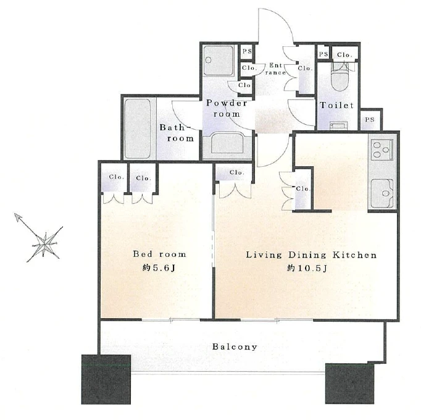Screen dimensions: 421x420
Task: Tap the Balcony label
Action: [x=235, y=346]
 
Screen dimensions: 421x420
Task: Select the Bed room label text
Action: [x=159, y=254]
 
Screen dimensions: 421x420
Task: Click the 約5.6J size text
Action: [x=159, y=268]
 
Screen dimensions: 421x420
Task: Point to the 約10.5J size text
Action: [x=307, y=268]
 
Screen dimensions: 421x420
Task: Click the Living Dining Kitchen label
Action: [x=311, y=254]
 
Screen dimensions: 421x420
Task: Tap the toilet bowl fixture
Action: [x=340, y=77]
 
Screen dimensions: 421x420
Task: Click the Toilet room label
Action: [x=336, y=105]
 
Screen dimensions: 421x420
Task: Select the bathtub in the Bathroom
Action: [x=138, y=129]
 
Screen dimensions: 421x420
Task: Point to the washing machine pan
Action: [x=219, y=61]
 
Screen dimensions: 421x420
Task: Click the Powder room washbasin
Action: [x=227, y=144]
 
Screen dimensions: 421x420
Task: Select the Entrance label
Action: [x=276, y=69]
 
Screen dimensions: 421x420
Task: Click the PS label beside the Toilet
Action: [x=370, y=119]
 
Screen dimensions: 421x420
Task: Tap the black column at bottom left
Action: [x=106, y=379]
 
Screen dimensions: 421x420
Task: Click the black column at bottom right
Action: [x=349, y=384]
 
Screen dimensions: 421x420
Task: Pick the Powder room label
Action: [x=227, y=109]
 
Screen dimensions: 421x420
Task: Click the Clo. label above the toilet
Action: [x=344, y=55]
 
